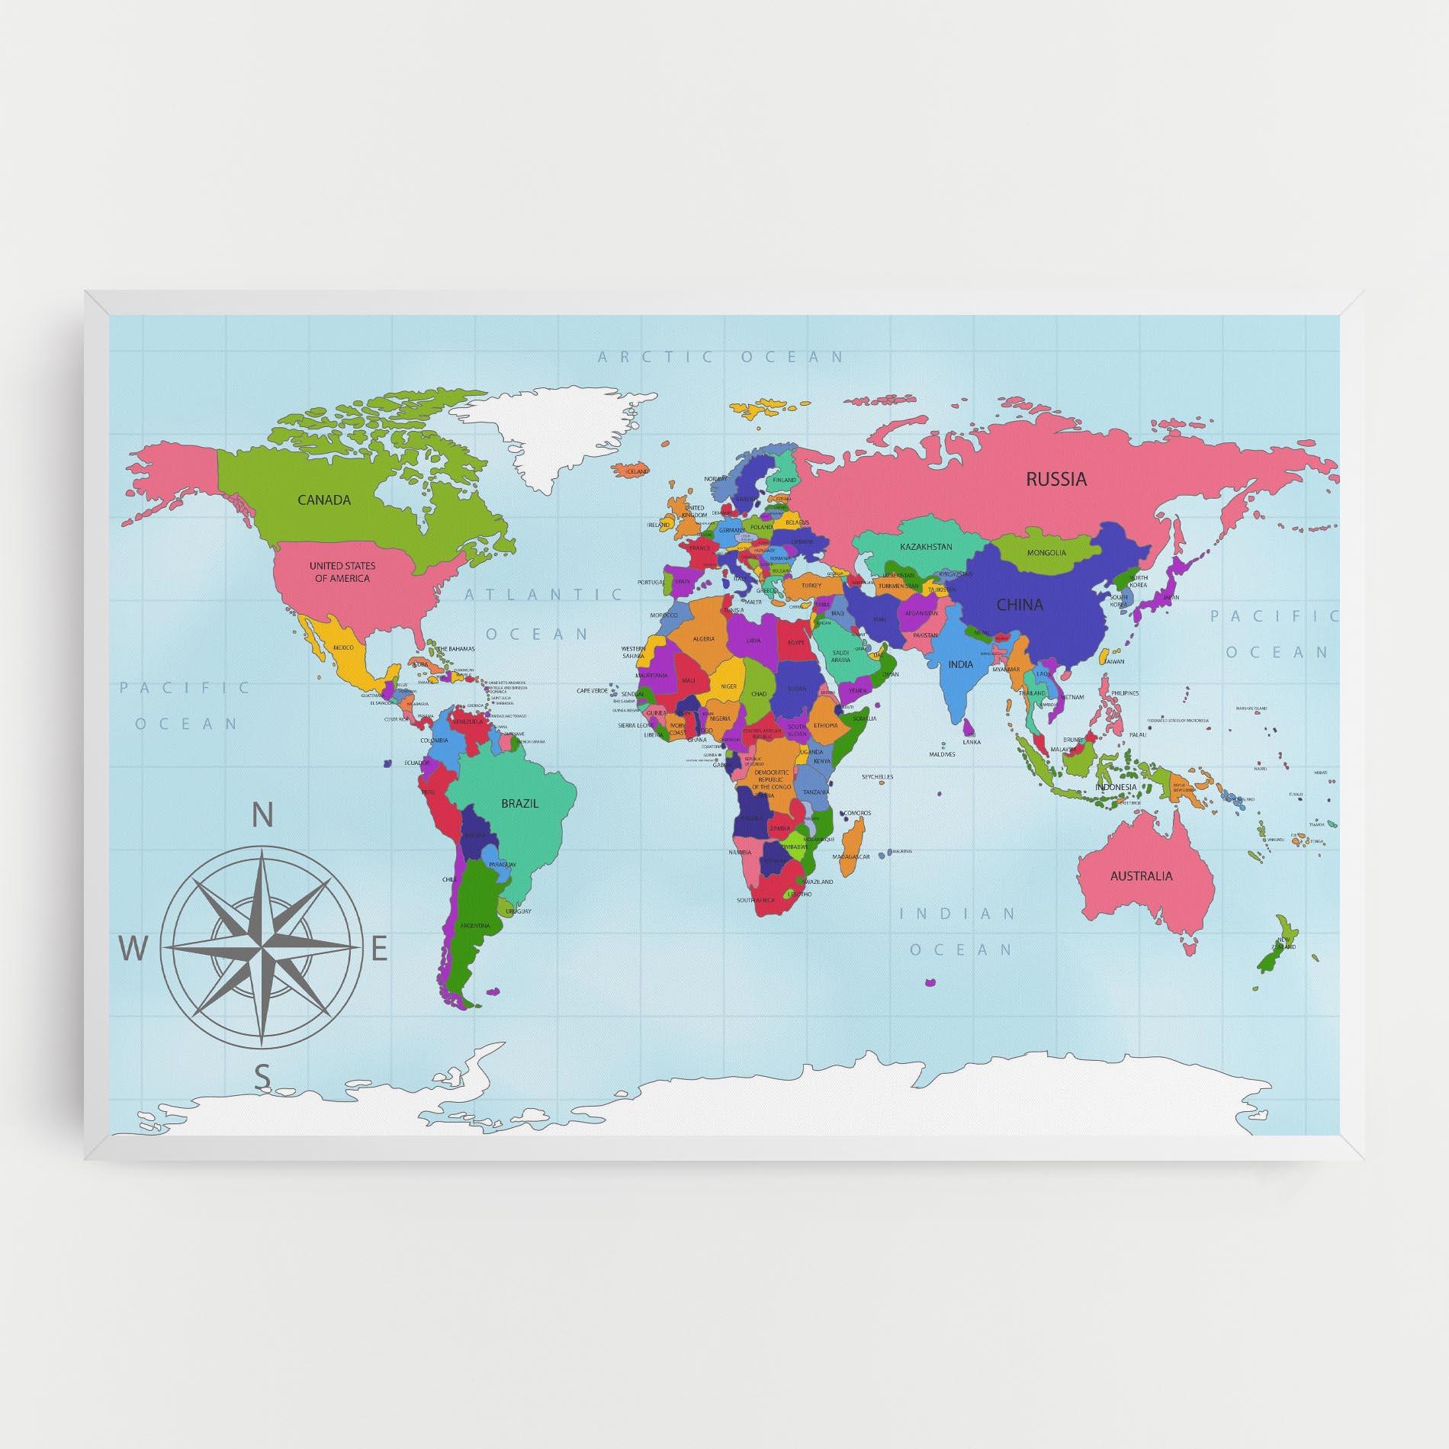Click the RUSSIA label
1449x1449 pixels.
(1055, 480)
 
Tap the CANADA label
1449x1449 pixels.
(324, 500)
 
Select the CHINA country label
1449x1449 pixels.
(1020, 605)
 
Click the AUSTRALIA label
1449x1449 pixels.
(1141, 876)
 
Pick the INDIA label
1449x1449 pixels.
(961, 664)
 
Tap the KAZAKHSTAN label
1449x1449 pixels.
(926, 547)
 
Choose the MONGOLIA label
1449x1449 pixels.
(1046, 552)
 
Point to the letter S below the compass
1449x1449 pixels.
(262, 1078)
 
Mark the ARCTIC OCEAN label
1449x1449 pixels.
(721, 356)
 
